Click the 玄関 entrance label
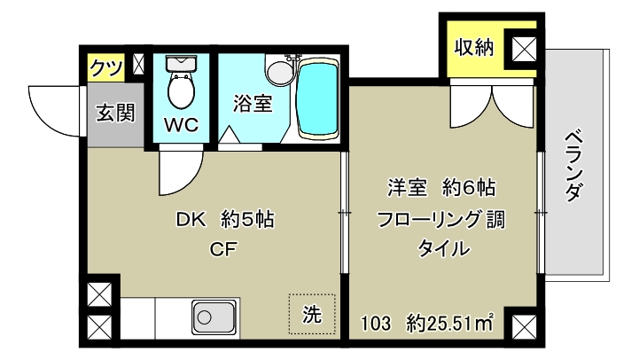(x=115, y=114)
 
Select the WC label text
(x=182, y=124)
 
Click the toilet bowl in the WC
(x=182, y=90)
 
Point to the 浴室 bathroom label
(x=252, y=103)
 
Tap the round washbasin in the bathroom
(x=279, y=71)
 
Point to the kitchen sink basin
(x=213, y=317)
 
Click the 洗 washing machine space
(x=313, y=313)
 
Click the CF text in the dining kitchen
(x=222, y=248)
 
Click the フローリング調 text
(x=440, y=220)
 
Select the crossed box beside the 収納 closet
(x=523, y=51)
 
